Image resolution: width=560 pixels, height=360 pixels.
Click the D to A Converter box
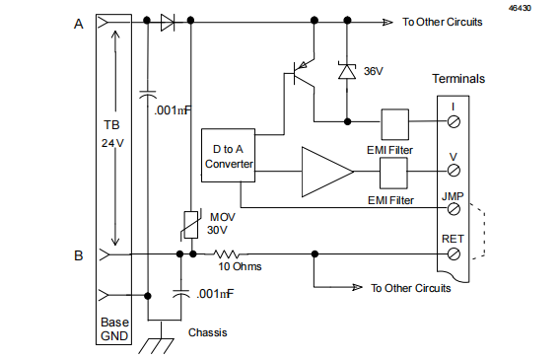pyautogui.click(x=228, y=155)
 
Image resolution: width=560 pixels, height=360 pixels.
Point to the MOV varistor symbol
pyautogui.click(x=190, y=225)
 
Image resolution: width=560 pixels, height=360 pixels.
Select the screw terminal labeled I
pyautogui.click(x=454, y=121)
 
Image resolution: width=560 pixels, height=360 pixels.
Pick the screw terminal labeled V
pyautogui.click(x=454, y=170)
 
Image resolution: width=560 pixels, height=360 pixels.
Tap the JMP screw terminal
pyautogui.click(x=454, y=208)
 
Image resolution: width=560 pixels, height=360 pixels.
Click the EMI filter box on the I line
pyautogui.click(x=394, y=122)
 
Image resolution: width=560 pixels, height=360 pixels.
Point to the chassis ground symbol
pyautogui.click(x=158, y=344)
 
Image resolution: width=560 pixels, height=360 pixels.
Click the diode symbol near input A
pyautogui.click(x=168, y=20)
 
